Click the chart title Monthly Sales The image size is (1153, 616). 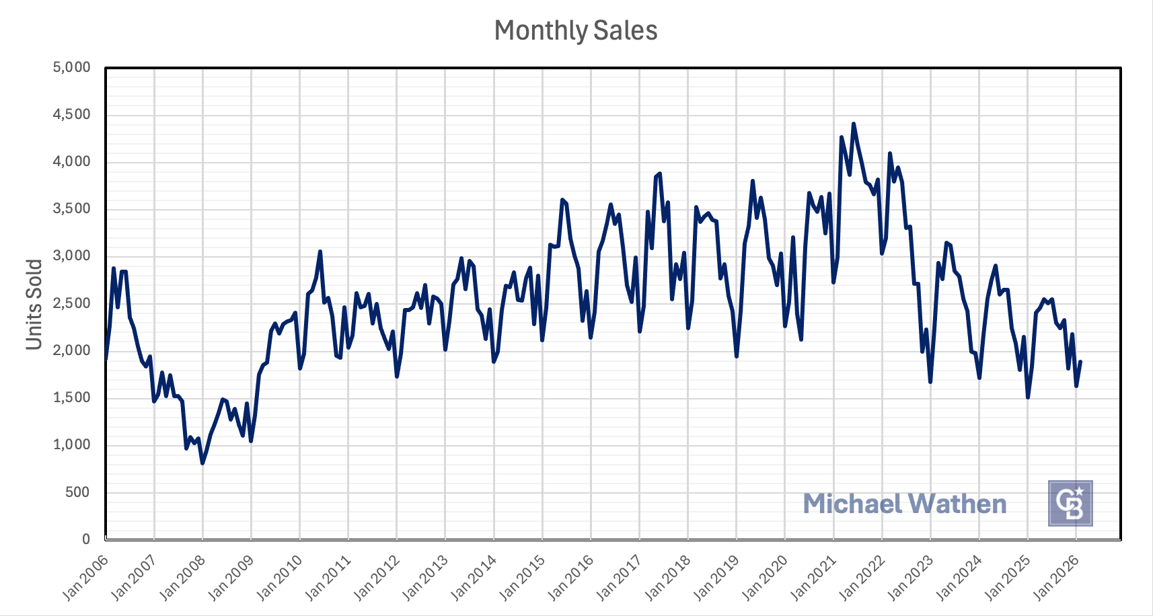click(576, 31)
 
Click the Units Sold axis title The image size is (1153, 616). click(34, 304)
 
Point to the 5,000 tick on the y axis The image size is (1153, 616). click(71, 67)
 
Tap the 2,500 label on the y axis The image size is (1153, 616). click(71, 303)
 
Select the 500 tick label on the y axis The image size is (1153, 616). click(77, 492)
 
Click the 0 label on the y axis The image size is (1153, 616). click(86, 539)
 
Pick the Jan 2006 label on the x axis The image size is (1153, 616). click(85, 577)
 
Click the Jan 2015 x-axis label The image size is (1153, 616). click(522, 577)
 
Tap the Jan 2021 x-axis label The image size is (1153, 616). click(813, 577)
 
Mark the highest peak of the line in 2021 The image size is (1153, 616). click(854, 124)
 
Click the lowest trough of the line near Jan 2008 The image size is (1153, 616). click(202, 463)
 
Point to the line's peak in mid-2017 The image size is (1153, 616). click(660, 174)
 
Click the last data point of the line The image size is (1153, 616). click(1080, 362)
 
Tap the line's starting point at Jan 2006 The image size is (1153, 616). click(106, 358)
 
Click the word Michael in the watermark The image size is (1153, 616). click(852, 504)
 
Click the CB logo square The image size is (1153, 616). click(1070, 503)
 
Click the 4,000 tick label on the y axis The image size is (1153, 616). click(71, 161)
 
